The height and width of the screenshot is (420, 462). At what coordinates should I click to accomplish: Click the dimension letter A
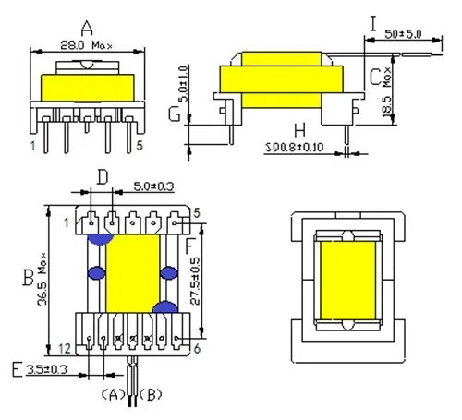[x=88, y=26]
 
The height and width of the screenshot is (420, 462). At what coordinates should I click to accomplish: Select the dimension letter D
[x=103, y=174]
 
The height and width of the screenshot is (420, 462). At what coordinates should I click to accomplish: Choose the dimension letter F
[x=189, y=246]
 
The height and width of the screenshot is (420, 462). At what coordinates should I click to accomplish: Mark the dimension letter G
[x=174, y=114]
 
